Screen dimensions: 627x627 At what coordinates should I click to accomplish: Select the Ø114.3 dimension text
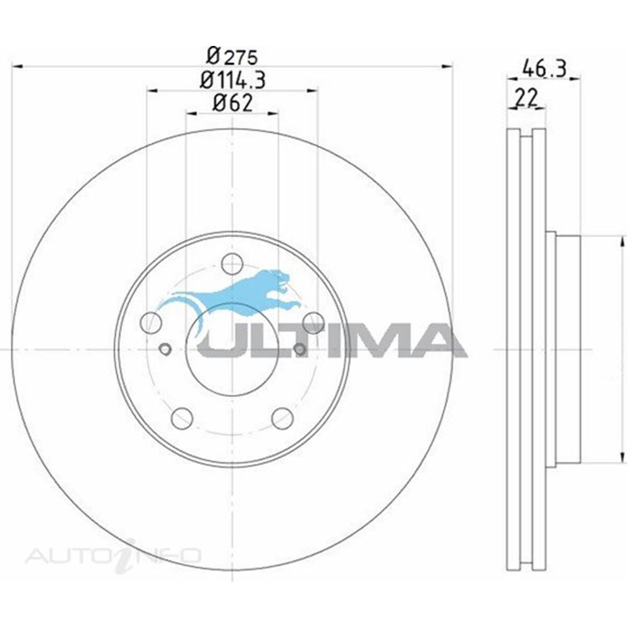(x=233, y=80)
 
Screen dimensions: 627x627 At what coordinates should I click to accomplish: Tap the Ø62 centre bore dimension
(x=233, y=103)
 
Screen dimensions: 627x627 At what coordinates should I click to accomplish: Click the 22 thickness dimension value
(x=526, y=98)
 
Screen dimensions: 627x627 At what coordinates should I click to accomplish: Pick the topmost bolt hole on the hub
(x=231, y=263)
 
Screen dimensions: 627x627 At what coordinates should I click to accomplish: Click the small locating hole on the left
(x=165, y=349)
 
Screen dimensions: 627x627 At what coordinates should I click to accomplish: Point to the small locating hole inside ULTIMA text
(x=300, y=349)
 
